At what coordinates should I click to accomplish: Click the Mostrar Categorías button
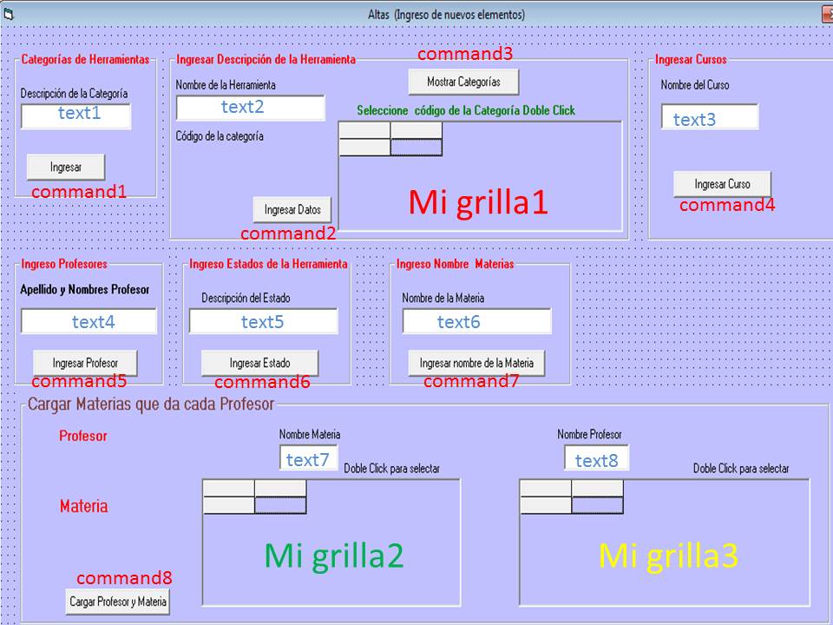tap(463, 82)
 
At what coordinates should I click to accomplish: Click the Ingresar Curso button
tap(722, 184)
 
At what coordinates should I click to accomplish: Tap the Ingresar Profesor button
tap(84, 363)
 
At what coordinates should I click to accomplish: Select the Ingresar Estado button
tap(259, 363)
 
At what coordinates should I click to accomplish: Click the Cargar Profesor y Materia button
tap(118, 601)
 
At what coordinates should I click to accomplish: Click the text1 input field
tap(76, 115)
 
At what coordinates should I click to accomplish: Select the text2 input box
tap(250, 108)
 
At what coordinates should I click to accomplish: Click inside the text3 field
tap(709, 118)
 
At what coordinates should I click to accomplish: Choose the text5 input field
tap(263, 322)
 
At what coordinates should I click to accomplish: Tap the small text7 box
tap(308, 458)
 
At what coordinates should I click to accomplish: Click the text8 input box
tap(596, 459)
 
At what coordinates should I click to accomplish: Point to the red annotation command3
tap(465, 54)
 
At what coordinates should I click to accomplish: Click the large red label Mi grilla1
tap(478, 203)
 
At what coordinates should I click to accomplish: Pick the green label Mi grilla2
tap(334, 556)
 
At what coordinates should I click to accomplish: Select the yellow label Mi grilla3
tap(668, 556)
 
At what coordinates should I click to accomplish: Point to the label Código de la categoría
tap(220, 136)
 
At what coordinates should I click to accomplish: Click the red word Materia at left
tap(84, 505)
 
